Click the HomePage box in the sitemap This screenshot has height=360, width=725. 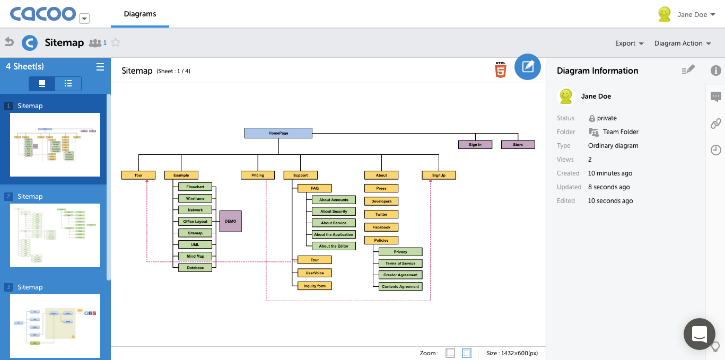coord(278,133)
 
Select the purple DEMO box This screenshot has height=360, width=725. coord(230,221)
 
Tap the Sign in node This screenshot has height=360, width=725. coord(475,145)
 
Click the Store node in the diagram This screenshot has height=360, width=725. coord(518,145)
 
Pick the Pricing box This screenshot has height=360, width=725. coord(258,175)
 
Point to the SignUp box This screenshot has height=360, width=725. coord(439,175)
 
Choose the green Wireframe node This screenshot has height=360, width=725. coord(195,198)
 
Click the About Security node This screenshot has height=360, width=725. coord(334,212)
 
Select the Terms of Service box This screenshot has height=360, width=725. coord(400,264)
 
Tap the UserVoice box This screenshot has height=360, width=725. coord(315,273)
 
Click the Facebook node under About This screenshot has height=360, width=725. coord(381,227)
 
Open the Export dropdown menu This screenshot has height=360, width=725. coord(629,43)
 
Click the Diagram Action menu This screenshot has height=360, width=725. coord(682,43)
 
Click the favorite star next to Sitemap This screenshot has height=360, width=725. coord(116,43)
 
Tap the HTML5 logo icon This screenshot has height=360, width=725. coord(500,70)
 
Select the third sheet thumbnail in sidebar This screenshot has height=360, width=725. coord(55,326)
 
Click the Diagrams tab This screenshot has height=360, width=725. coord(140,14)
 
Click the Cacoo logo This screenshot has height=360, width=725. coord(43,14)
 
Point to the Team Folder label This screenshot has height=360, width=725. coord(621,132)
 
